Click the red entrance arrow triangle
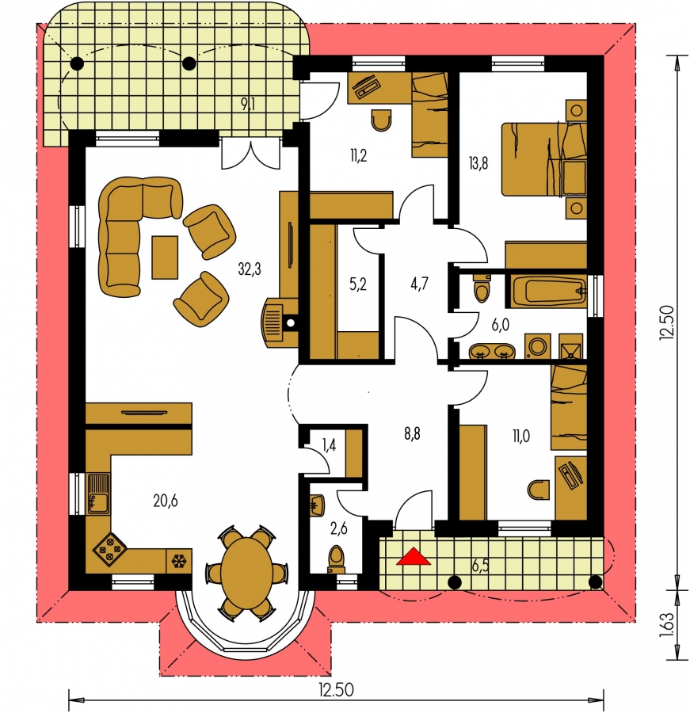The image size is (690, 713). (x=413, y=557)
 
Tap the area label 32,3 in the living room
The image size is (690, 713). (x=250, y=269)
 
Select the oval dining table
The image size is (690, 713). (x=246, y=570)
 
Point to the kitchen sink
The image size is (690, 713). (x=98, y=494)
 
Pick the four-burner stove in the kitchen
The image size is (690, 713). (x=109, y=550)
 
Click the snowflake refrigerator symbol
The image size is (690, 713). (x=178, y=561)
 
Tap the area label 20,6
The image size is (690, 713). (x=165, y=501)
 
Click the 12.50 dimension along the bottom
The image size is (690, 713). (x=336, y=690)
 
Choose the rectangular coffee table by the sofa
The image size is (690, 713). (x=165, y=257)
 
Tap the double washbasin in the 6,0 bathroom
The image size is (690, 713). (x=492, y=352)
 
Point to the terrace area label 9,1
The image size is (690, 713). (x=248, y=105)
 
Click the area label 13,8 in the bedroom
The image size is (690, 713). (x=478, y=162)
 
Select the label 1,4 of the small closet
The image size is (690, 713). (x=329, y=445)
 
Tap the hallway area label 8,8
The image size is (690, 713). (x=412, y=433)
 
